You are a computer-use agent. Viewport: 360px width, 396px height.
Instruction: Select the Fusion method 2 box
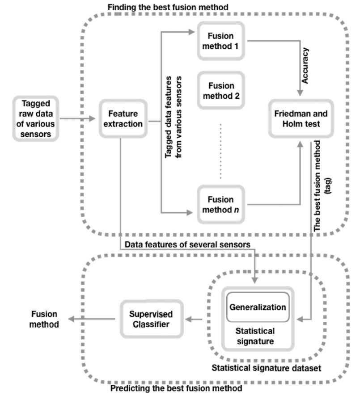coord(222,91)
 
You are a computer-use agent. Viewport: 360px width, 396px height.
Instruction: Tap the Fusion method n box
coord(222,204)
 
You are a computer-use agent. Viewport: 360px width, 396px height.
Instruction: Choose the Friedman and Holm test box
coord(296,118)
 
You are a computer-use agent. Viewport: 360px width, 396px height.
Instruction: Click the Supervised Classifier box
coord(152,319)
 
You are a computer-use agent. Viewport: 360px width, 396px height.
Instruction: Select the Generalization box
coord(257,308)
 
